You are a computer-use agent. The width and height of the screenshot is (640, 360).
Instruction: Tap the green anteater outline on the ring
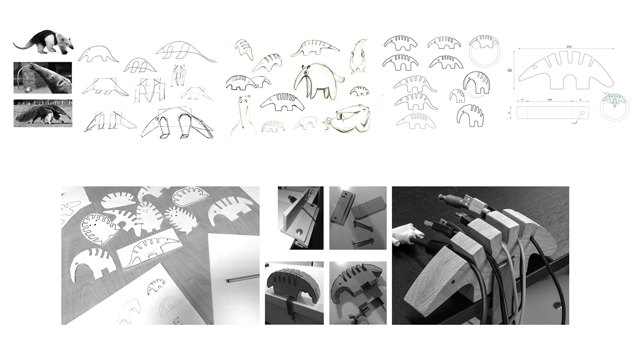point(615,98)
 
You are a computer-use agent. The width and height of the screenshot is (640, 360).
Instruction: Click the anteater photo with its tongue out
point(43,78)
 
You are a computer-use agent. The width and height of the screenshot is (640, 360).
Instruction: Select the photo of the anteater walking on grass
point(43,113)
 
